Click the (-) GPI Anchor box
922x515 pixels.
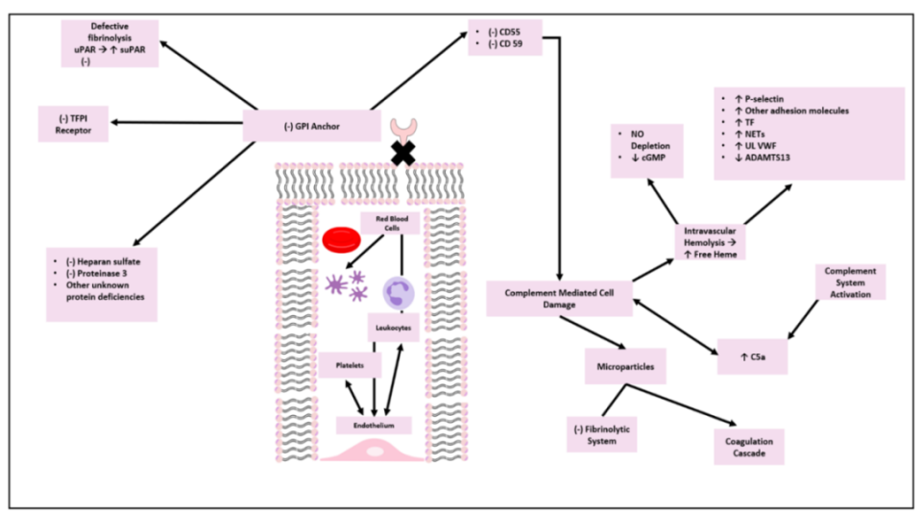[305, 125]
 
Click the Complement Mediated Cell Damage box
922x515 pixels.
[560, 297]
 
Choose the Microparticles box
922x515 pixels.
[625, 365]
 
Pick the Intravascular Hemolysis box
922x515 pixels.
[708, 238]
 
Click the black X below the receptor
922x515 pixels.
[402, 153]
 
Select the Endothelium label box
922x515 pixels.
[374, 424]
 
